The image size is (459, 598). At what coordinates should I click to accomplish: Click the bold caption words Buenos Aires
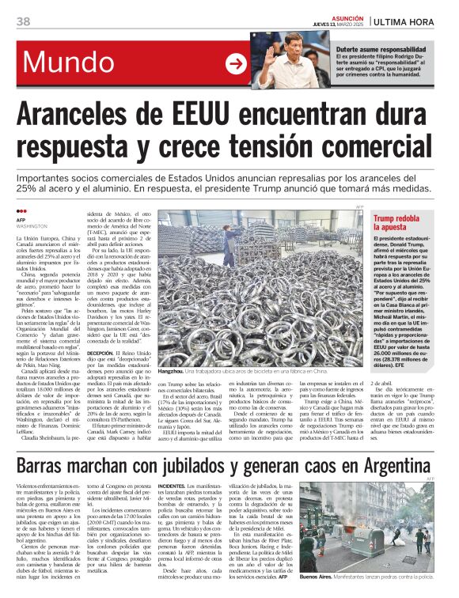317,578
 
